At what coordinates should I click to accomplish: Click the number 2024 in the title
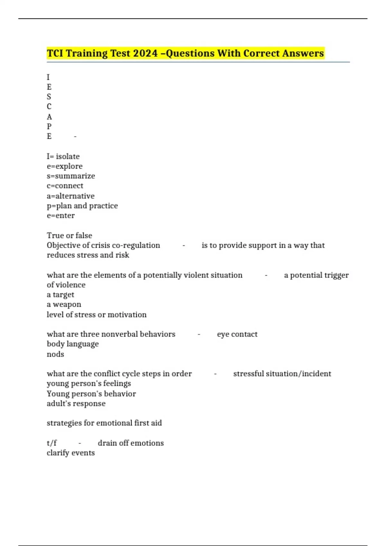click(x=145, y=53)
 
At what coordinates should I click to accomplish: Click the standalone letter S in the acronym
click(x=49, y=97)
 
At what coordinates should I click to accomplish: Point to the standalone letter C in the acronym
click(x=49, y=107)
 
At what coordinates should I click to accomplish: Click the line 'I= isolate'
click(x=63, y=156)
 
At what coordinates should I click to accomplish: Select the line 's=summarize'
click(x=71, y=176)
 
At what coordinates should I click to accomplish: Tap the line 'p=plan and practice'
click(x=82, y=206)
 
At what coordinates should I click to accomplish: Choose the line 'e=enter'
click(x=60, y=216)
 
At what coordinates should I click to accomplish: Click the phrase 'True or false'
click(x=69, y=235)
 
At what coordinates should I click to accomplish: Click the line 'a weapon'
click(x=64, y=304)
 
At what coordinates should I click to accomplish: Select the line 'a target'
click(x=60, y=295)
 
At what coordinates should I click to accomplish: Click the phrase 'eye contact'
click(x=237, y=334)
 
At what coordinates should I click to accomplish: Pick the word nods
click(x=55, y=354)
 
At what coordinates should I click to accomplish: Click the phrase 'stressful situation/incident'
click(x=282, y=374)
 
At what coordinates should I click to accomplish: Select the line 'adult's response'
click(x=76, y=404)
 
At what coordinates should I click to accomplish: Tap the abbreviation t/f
click(x=51, y=443)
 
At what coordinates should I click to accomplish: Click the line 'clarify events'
click(x=71, y=453)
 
